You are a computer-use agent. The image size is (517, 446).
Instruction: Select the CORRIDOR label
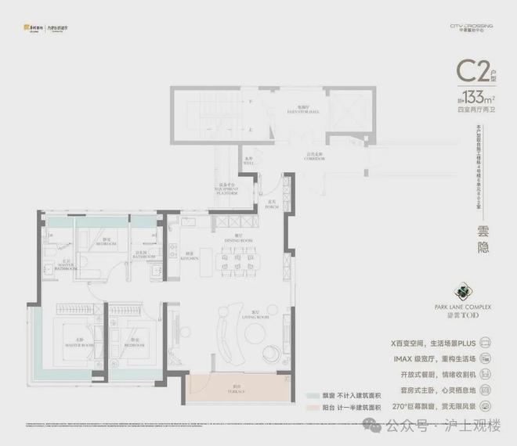pyautogui.click(x=316, y=158)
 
